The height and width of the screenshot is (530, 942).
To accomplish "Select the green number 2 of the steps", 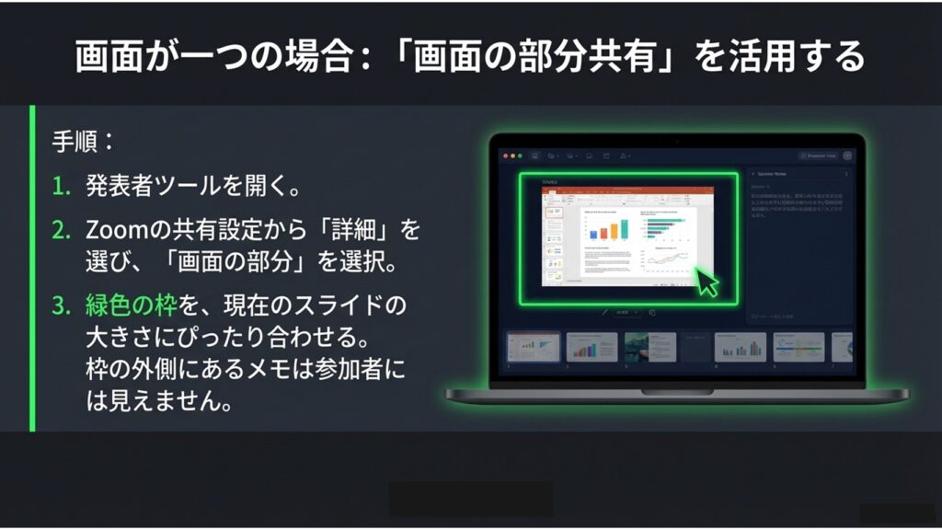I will pyautogui.click(x=61, y=229).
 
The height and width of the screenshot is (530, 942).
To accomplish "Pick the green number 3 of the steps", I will pyautogui.click(x=61, y=305).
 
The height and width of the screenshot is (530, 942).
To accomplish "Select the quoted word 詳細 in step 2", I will pyautogui.click(x=359, y=229).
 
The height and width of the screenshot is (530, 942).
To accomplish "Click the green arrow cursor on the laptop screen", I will pyautogui.click(x=706, y=282).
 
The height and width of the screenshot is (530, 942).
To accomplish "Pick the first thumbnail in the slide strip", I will pyautogui.click(x=534, y=347).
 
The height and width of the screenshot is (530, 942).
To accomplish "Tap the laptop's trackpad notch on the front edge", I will pyautogui.click(x=676, y=391).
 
